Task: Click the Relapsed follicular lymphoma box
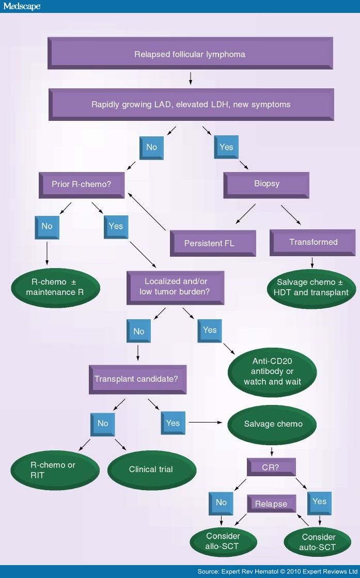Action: tap(190, 54)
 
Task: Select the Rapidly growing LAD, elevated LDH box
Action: tap(191, 104)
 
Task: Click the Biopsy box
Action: tap(266, 184)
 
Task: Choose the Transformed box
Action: tap(312, 242)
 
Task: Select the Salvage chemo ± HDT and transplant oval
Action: tap(312, 287)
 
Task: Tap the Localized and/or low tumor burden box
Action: tap(176, 287)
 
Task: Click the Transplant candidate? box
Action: tap(137, 379)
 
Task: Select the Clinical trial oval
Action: tap(151, 470)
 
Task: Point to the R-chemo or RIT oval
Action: tap(53, 470)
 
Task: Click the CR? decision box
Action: tap(271, 467)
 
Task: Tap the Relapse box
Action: tap(271, 504)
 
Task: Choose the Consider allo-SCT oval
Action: tap(223, 541)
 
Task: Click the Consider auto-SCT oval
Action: tap(318, 542)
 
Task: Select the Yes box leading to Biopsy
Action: tap(226, 147)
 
